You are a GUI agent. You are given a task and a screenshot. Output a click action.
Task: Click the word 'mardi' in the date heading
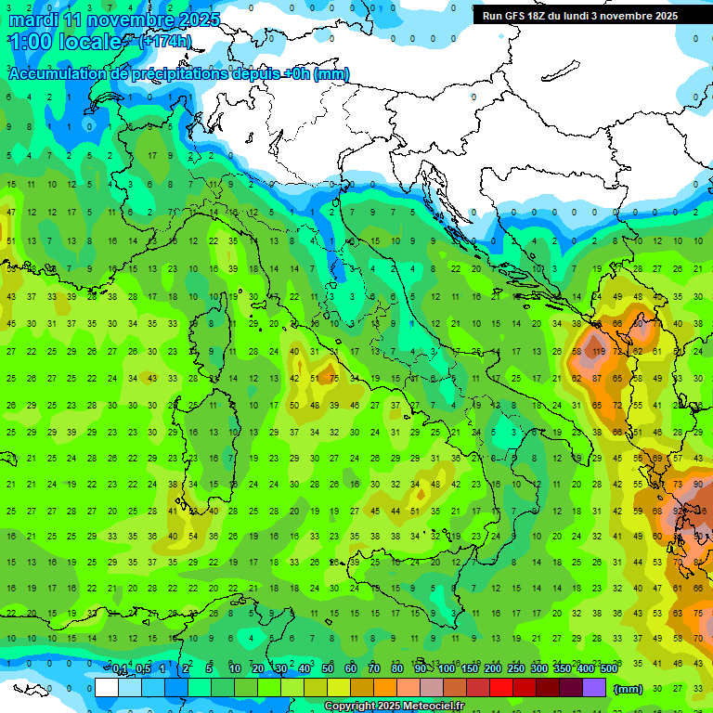(33, 19)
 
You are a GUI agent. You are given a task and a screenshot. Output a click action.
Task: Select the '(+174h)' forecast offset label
(165, 42)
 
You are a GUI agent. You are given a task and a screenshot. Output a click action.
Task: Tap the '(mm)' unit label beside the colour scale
(628, 689)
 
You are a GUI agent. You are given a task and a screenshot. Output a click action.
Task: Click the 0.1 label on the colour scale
(120, 669)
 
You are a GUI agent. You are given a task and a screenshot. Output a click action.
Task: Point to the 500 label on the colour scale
(608, 669)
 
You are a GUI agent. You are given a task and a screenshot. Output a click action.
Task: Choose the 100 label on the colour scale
(446, 669)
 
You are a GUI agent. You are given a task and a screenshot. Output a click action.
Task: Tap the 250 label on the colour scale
(515, 669)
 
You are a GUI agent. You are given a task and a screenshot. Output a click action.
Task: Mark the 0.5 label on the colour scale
(143, 669)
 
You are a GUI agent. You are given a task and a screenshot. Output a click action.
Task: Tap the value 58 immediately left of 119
(577, 352)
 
